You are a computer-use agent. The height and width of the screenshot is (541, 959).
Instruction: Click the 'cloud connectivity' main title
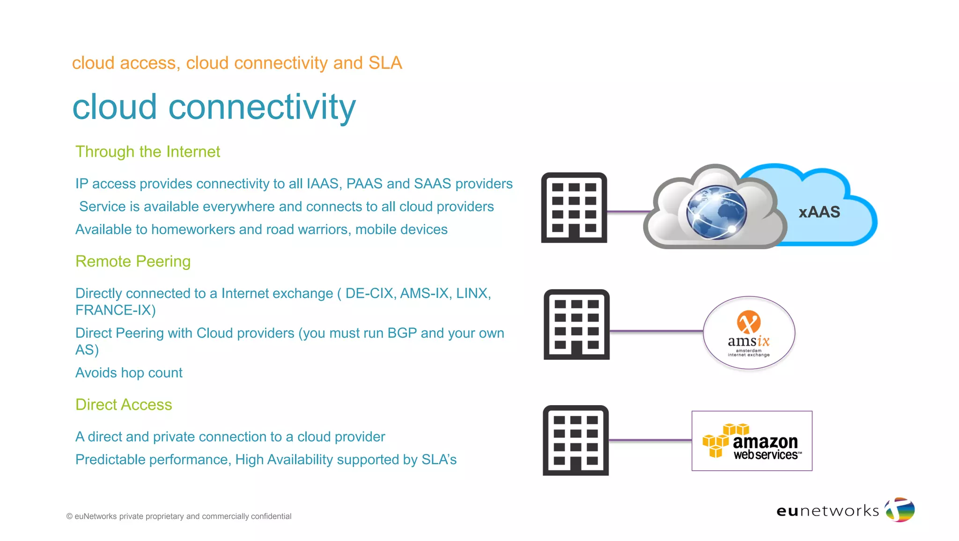point(214,107)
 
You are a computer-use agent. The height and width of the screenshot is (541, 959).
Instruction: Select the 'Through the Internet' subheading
point(148,152)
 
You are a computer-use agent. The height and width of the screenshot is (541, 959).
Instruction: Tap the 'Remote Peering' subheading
point(133,261)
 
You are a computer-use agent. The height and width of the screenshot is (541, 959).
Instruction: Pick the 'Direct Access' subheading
point(124,405)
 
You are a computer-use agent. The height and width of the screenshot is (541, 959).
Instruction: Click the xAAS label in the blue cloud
point(819,212)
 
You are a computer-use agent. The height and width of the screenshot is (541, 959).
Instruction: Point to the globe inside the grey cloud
point(716,212)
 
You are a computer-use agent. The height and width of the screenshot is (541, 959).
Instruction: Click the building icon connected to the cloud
point(574,208)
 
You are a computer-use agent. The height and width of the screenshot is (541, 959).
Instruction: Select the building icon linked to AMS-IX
point(576,324)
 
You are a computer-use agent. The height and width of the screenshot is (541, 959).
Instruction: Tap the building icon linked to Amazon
point(575,440)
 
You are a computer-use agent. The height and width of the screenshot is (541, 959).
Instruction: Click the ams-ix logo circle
point(749,333)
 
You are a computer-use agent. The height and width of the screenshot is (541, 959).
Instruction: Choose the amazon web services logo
point(752,441)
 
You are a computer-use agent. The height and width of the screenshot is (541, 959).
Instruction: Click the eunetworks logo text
point(827,511)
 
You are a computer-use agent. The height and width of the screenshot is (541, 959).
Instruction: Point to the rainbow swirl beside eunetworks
point(900,510)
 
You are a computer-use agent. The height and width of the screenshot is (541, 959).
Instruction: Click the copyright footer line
point(179,516)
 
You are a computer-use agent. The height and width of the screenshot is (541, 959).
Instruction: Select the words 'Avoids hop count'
point(129,373)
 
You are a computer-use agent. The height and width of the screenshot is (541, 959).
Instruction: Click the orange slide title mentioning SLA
point(237,63)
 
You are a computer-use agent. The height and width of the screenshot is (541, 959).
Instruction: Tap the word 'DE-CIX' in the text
point(370,294)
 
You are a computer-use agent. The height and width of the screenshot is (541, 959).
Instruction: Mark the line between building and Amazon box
point(650,440)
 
